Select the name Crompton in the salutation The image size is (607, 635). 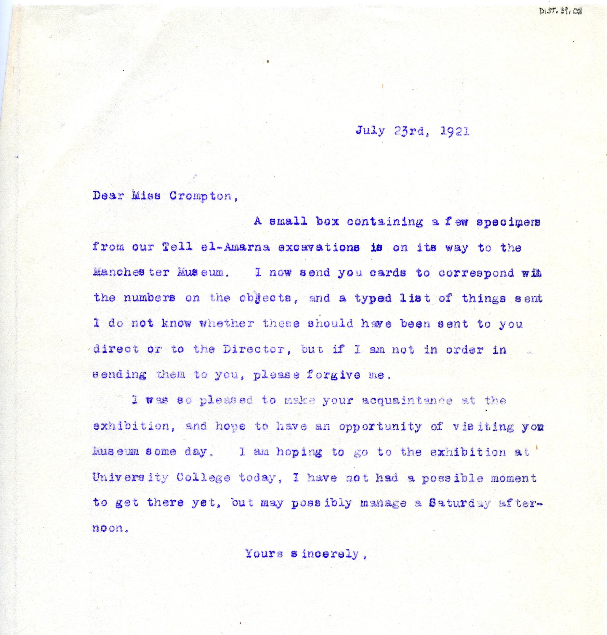pyautogui.click(x=201, y=196)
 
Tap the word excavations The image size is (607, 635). pyautogui.click(x=318, y=248)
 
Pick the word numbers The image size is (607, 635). pyautogui.click(x=149, y=298)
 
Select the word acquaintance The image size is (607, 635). pyautogui.click(x=407, y=401)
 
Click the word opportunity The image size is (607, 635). pyautogui.click(x=380, y=427)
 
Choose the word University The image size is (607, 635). pyautogui.click(x=130, y=478)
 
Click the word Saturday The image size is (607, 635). pyautogui.click(x=459, y=503)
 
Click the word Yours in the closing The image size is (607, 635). pyautogui.click(x=264, y=554)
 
